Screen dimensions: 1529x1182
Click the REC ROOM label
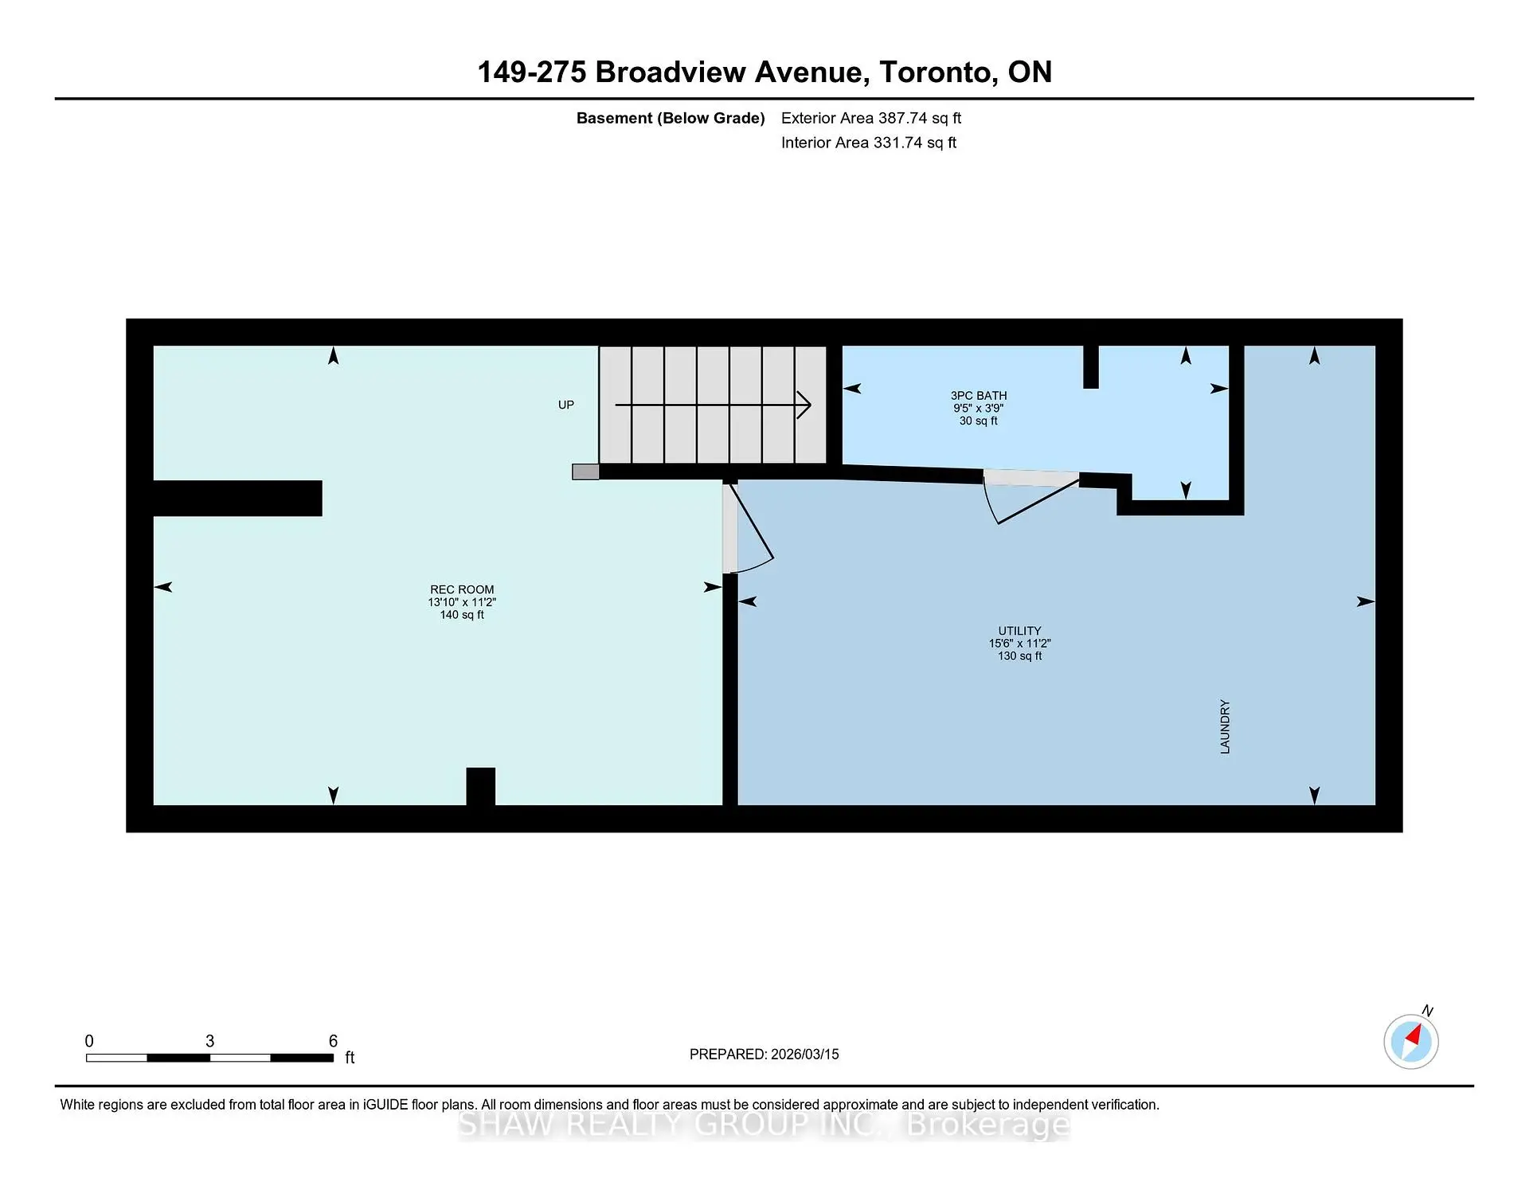pos(462,589)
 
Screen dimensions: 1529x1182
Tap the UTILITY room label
pos(1019,630)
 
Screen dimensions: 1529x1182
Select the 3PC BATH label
pos(979,395)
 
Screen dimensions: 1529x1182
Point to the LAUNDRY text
pos(1225,726)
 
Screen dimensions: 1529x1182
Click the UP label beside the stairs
pos(566,405)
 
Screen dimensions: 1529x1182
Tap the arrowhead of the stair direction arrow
pos(804,405)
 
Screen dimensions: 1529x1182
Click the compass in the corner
pos(1410,1041)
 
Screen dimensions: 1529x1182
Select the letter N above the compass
pos(1427,1011)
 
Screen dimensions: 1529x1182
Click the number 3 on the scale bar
pos(209,1041)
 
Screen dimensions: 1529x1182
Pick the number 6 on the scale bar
pos(333,1041)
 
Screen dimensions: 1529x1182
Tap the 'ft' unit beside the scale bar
pos(350,1058)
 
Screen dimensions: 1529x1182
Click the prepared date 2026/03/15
pos(805,1054)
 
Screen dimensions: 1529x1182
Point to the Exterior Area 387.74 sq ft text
pos(871,118)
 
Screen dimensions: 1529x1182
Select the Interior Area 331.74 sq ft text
pos(869,143)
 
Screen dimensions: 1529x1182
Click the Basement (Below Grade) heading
pos(671,118)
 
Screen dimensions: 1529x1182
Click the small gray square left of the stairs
pos(585,472)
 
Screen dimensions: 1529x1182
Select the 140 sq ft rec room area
pos(462,615)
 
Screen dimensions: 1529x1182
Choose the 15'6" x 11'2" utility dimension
pos(1019,643)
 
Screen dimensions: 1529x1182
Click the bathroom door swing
pos(1032,499)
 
